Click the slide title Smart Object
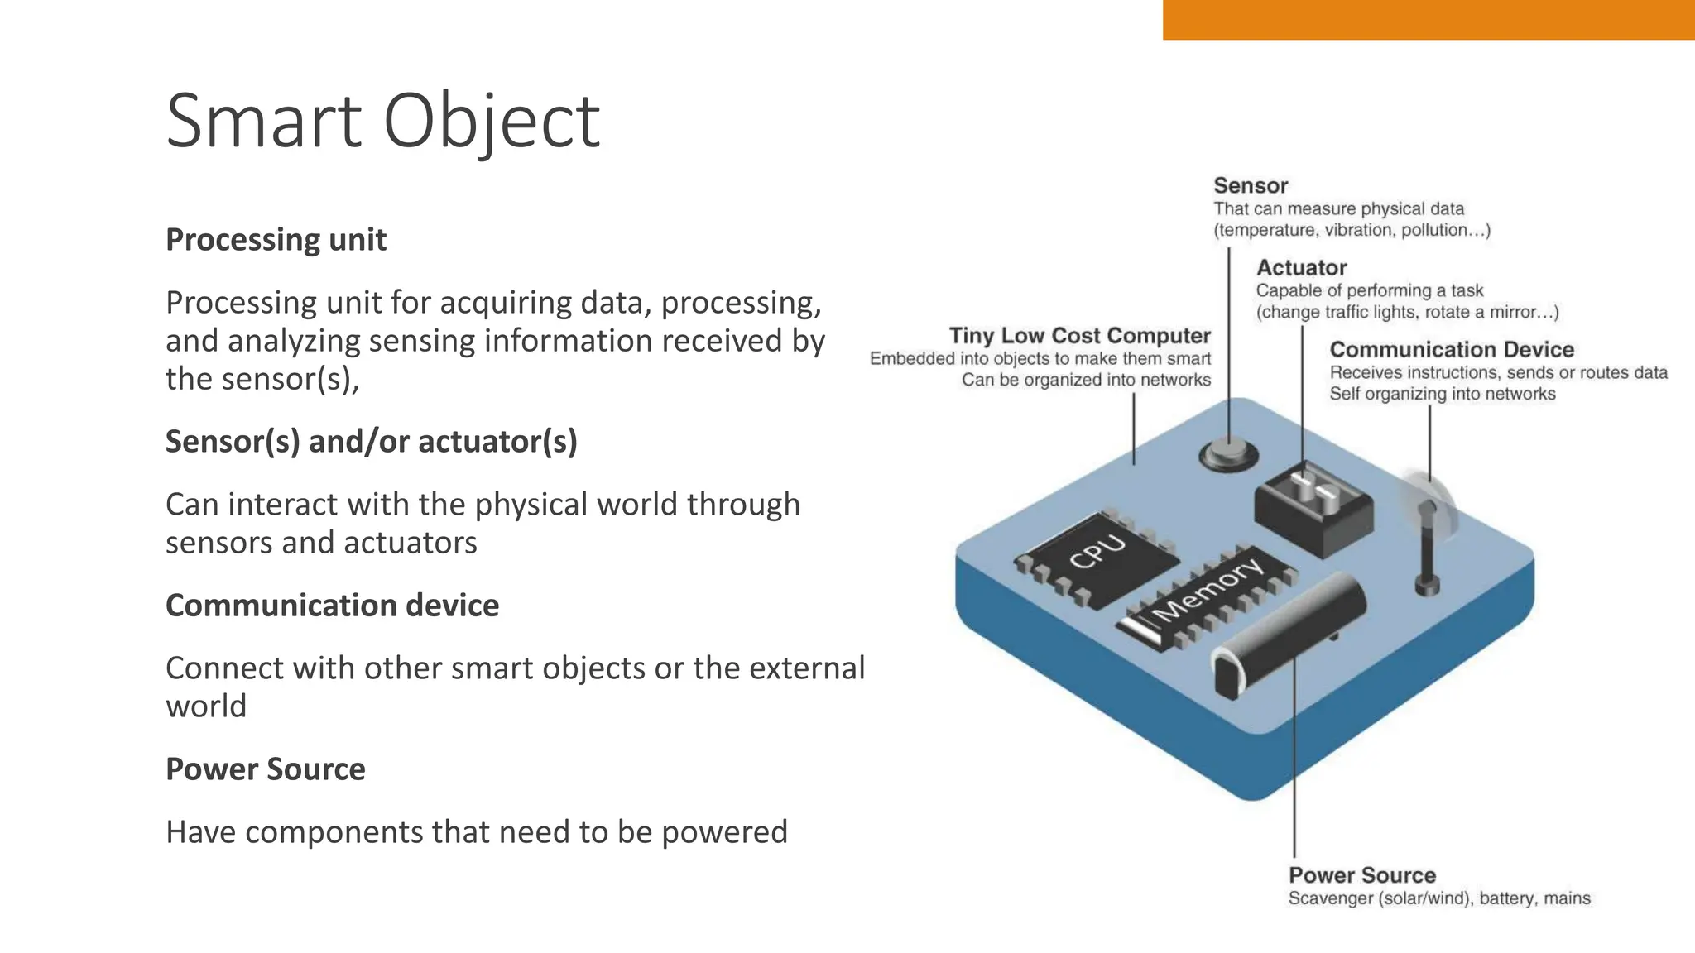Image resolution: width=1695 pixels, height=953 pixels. coord(382,121)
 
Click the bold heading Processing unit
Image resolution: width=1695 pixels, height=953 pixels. coord(276,240)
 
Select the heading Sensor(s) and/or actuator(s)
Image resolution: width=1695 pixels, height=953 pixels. coord(371,442)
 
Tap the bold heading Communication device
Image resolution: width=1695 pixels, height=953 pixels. coord(332,606)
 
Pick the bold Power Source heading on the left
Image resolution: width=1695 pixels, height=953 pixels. coord(265,769)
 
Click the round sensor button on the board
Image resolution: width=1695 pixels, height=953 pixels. coord(1228,454)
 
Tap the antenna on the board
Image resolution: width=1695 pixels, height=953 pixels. coord(1427,546)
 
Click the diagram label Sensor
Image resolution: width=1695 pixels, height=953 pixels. coord(1251,186)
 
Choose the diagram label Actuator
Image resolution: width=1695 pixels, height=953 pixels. coord(1301,268)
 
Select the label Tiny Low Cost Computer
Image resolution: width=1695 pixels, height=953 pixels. coord(1079,336)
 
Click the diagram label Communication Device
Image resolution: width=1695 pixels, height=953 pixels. coord(1451,350)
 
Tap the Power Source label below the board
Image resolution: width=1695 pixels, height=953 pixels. coord(1361,875)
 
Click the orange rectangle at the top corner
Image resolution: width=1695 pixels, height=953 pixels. coord(1428,19)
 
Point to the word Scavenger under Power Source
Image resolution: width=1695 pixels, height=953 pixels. coord(1330,898)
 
